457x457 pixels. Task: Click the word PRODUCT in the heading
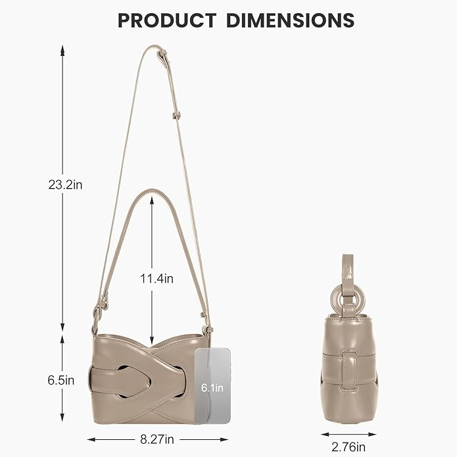[167, 20]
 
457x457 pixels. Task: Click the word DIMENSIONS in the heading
[290, 20]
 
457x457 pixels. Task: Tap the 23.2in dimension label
[65, 185]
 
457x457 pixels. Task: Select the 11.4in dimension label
[156, 279]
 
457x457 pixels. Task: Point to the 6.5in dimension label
[61, 380]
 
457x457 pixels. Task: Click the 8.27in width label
[157, 439]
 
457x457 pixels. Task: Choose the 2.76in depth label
[349, 446]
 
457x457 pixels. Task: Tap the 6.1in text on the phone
[212, 388]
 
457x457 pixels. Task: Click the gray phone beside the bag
[212, 385]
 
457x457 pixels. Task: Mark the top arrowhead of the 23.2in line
[62, 51]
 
